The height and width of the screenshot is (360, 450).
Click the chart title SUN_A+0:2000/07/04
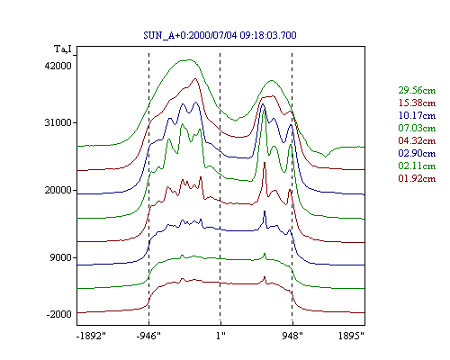tap(190, 35)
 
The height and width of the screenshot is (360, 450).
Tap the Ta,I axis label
tap(63, 49)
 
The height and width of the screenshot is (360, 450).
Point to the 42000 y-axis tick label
tap(58, 66)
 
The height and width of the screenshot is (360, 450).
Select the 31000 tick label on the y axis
tap(58, 122)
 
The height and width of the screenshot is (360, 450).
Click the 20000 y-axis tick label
tap(58, 190)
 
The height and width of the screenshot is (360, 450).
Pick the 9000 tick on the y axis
tap(61, 257)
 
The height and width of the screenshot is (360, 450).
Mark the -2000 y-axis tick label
tap(58, 314)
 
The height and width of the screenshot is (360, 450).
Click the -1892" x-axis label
tap(91, 336)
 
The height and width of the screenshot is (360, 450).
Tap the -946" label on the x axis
tap(148, 336)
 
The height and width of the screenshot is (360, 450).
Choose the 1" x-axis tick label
tap(220, 336)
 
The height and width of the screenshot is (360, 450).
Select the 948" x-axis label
tap(292, 336)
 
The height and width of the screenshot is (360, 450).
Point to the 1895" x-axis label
tap(351, 336)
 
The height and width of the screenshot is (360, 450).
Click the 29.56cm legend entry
tap(417, 90)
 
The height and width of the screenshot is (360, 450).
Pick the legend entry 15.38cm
tap(417, 103)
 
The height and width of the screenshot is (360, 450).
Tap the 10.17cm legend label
tap(417, 115)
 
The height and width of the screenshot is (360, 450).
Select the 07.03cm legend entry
tap(417, 128)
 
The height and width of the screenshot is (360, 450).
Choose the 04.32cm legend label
tap(417, 140)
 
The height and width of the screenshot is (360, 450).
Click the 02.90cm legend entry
tap(417, 153)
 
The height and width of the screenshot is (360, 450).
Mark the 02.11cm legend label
tap(417, 166)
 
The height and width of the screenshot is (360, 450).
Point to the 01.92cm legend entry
tap(417, 178)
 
